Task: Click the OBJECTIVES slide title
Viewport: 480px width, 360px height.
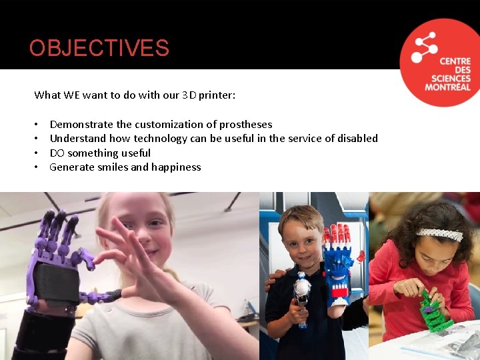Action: tap(99, 48)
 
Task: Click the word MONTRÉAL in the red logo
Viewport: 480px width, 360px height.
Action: tap(447, 87)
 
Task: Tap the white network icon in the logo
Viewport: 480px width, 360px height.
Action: tap(425, 47)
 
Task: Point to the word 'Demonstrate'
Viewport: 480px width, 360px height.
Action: tap(81, 125)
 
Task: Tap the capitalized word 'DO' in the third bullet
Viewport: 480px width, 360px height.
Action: tap(57, 153)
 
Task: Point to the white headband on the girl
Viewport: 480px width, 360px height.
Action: tap(441, 233)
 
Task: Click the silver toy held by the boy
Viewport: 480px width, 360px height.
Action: tap(303, 293)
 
